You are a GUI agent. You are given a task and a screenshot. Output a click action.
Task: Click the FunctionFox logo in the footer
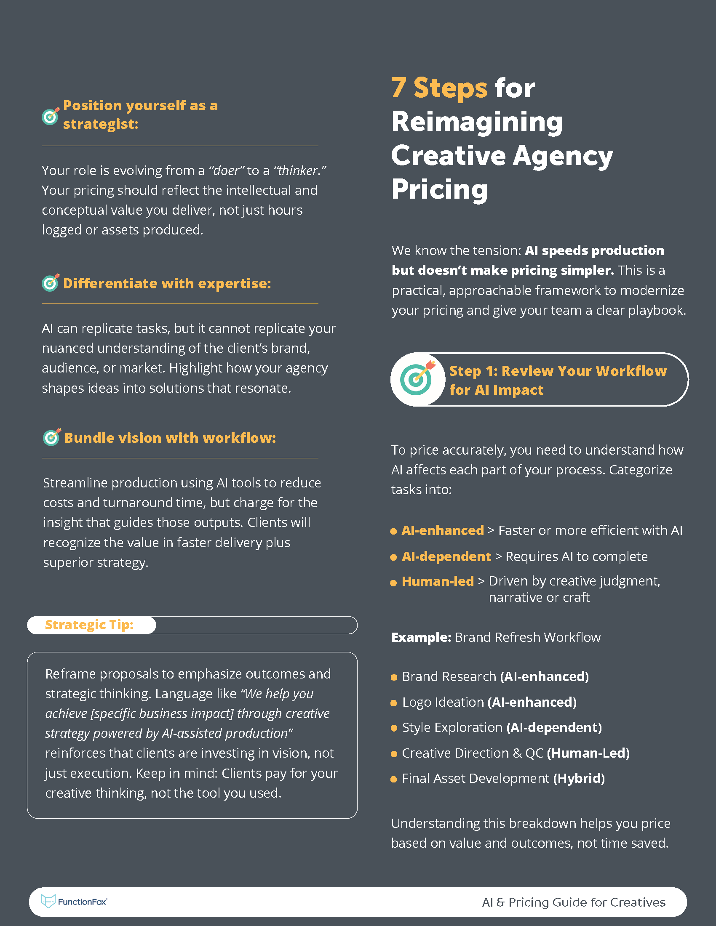click(74, 902)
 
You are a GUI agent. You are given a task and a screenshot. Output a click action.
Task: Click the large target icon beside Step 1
click(417, 379)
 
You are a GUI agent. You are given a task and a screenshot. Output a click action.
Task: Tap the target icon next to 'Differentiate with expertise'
click(51, 282)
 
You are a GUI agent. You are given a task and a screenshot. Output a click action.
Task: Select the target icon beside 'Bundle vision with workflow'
click(52, 437)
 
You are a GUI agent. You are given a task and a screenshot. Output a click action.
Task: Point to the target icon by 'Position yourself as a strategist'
click(51, 116)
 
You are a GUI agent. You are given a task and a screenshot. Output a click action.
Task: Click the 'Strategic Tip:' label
click(89, 625)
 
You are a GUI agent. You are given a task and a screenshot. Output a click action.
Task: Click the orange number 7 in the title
click(399, 88)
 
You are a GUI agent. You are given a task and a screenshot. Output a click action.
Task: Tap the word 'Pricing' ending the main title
click(439, 189)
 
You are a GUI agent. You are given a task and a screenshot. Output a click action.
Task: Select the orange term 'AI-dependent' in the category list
click(446, 556)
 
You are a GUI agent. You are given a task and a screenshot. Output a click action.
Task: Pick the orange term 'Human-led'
click(437, 581)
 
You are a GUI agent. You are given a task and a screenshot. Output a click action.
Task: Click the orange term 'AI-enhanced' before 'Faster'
click(442, 530)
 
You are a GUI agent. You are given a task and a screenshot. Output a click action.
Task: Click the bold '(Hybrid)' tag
click(579, 778)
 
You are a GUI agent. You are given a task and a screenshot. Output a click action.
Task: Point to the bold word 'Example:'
click(421, 637)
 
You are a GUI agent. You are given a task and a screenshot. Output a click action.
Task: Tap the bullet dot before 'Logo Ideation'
click(394, 703)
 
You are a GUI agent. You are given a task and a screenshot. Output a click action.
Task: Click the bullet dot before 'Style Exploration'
click(394, 728)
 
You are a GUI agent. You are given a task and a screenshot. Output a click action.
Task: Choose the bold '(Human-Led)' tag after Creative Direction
click(588, 753)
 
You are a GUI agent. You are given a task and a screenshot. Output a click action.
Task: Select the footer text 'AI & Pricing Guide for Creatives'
click(574, 902)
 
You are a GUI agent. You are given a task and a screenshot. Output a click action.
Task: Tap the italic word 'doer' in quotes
click(227, 170)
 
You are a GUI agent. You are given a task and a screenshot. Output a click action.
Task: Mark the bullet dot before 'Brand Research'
click(394, 677)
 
